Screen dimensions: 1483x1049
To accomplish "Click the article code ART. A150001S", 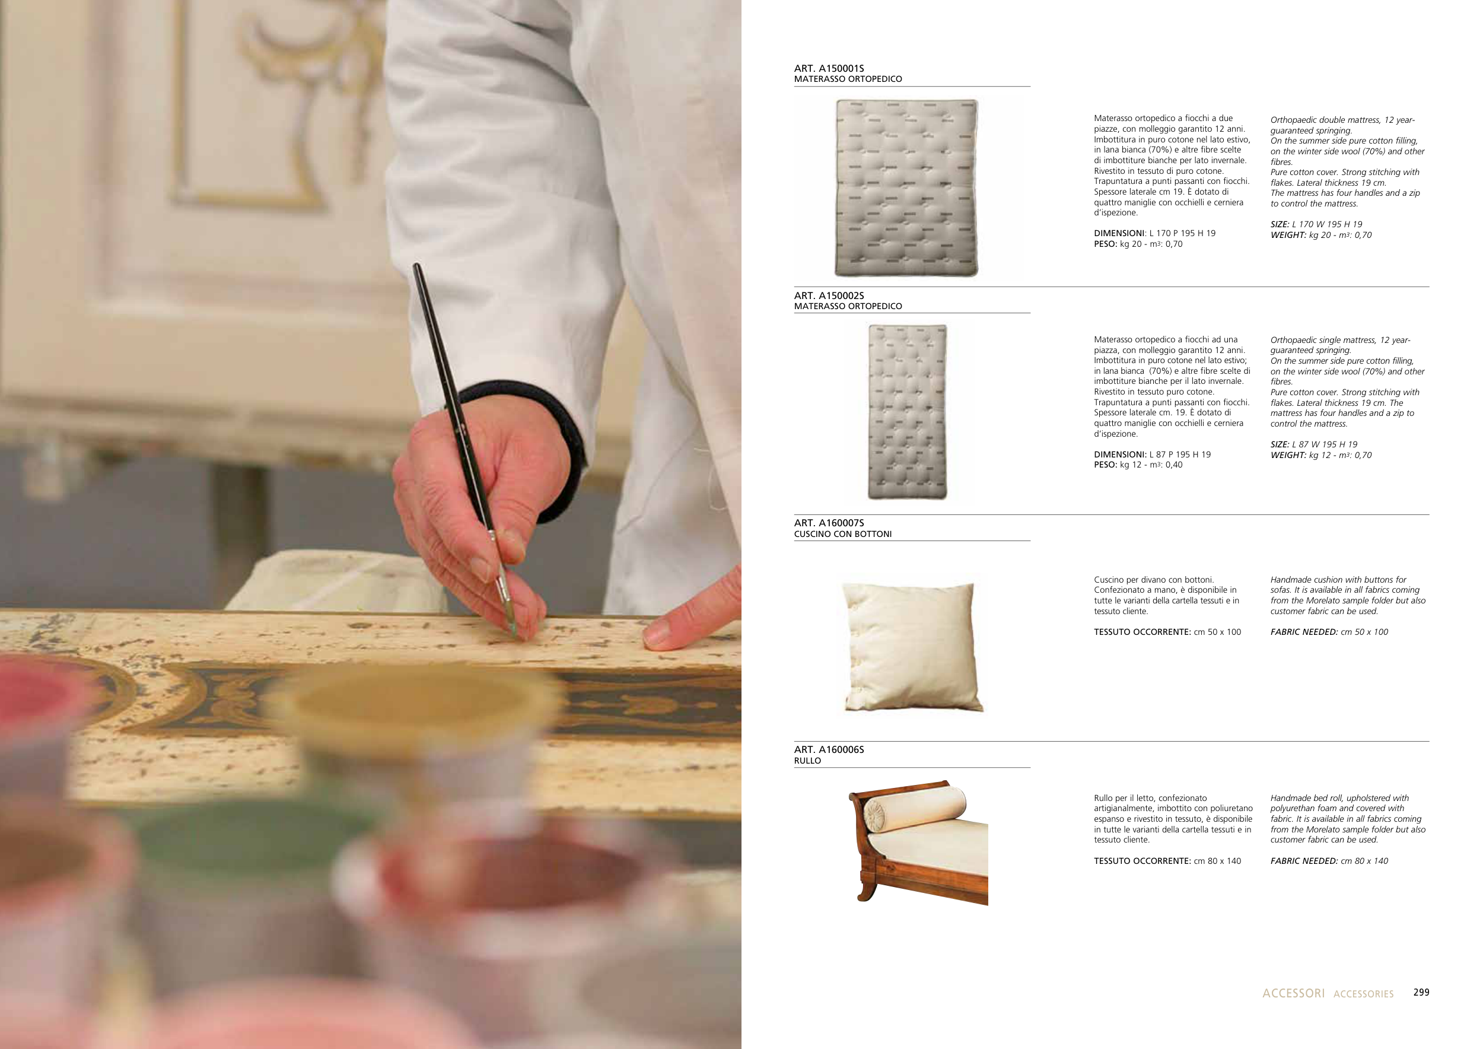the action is (829, 68).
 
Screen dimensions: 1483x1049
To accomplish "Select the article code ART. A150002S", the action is (829, 296).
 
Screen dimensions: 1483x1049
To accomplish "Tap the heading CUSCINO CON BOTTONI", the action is (842, 534).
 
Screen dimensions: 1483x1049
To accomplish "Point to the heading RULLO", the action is (807, 761).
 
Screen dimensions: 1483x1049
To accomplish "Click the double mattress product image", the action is (906, 188).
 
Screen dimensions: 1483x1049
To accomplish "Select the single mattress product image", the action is (908, 412).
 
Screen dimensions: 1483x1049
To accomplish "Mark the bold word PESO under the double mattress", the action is (1105, 244).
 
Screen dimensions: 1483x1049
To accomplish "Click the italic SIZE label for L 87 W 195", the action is (1280, 444).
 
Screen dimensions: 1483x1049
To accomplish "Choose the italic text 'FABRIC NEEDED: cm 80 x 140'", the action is (1329, 861).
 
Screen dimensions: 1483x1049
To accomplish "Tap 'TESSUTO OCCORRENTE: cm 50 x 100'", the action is (1167, 632).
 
